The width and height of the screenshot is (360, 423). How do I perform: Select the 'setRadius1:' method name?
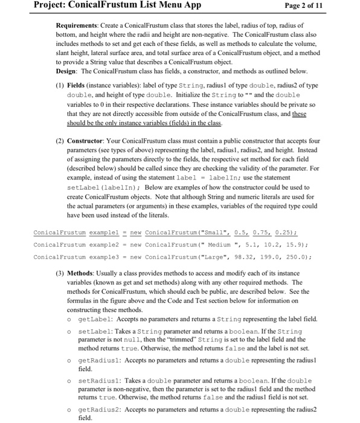[x=96, y=380]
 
